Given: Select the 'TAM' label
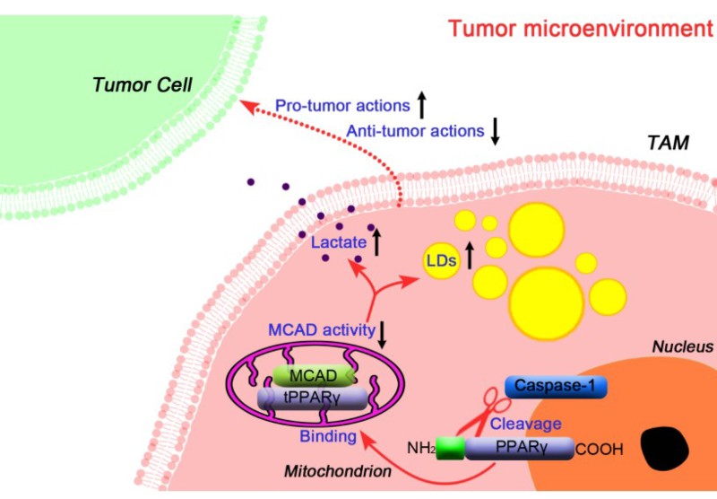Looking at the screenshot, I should pos(667,142).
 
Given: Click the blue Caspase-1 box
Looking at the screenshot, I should pos(556,386).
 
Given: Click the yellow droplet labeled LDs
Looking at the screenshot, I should pos(441,261).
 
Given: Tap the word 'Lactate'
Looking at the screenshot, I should pos(338,242).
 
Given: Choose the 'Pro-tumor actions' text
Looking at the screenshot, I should pos(341,106).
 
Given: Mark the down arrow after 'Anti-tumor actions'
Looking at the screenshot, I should pos(494,131).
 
